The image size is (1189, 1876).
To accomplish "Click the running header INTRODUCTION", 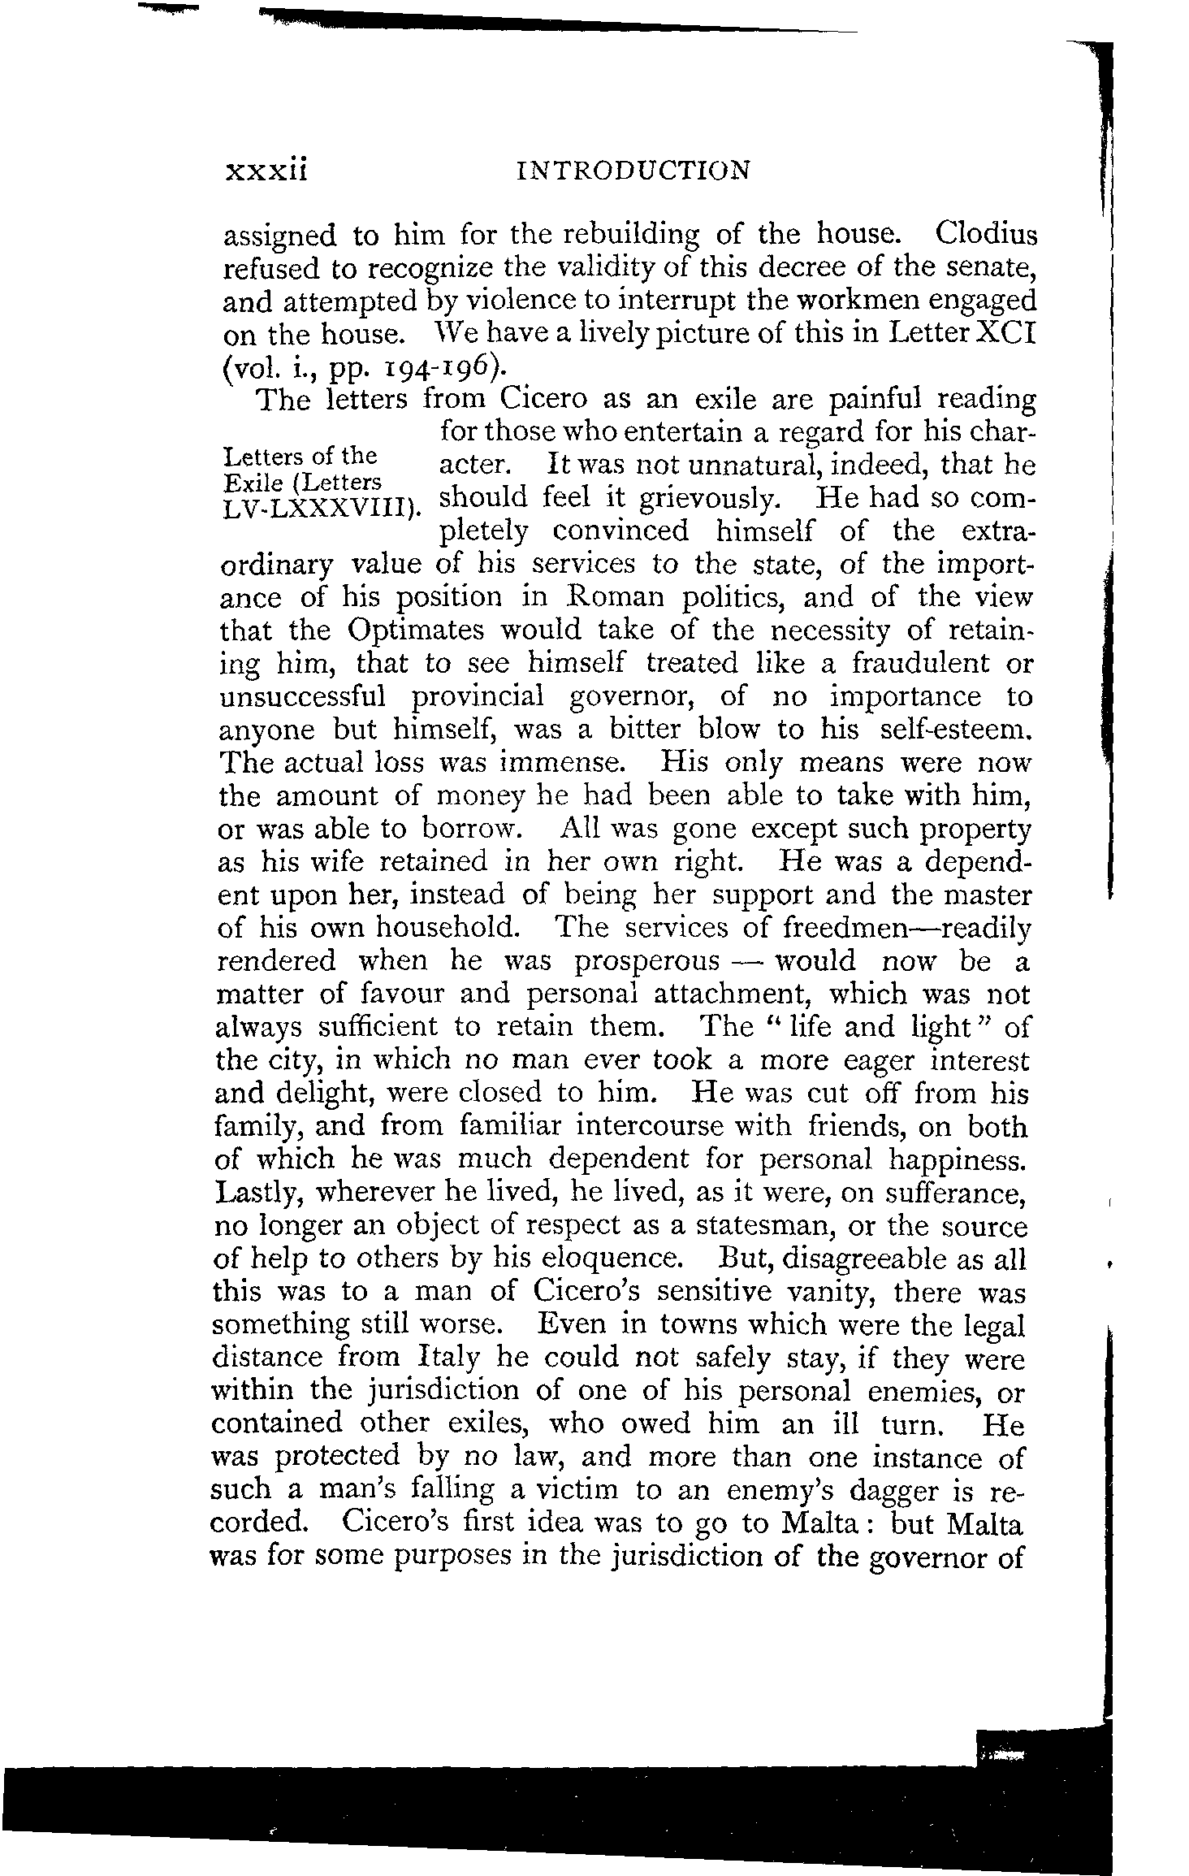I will coord(633,171).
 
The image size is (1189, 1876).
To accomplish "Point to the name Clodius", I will coord(986,235).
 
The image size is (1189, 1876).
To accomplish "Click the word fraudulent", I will coord(913,664).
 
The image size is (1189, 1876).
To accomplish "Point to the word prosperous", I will coord(646,961).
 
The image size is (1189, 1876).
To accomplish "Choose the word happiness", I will coord(958,1160).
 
